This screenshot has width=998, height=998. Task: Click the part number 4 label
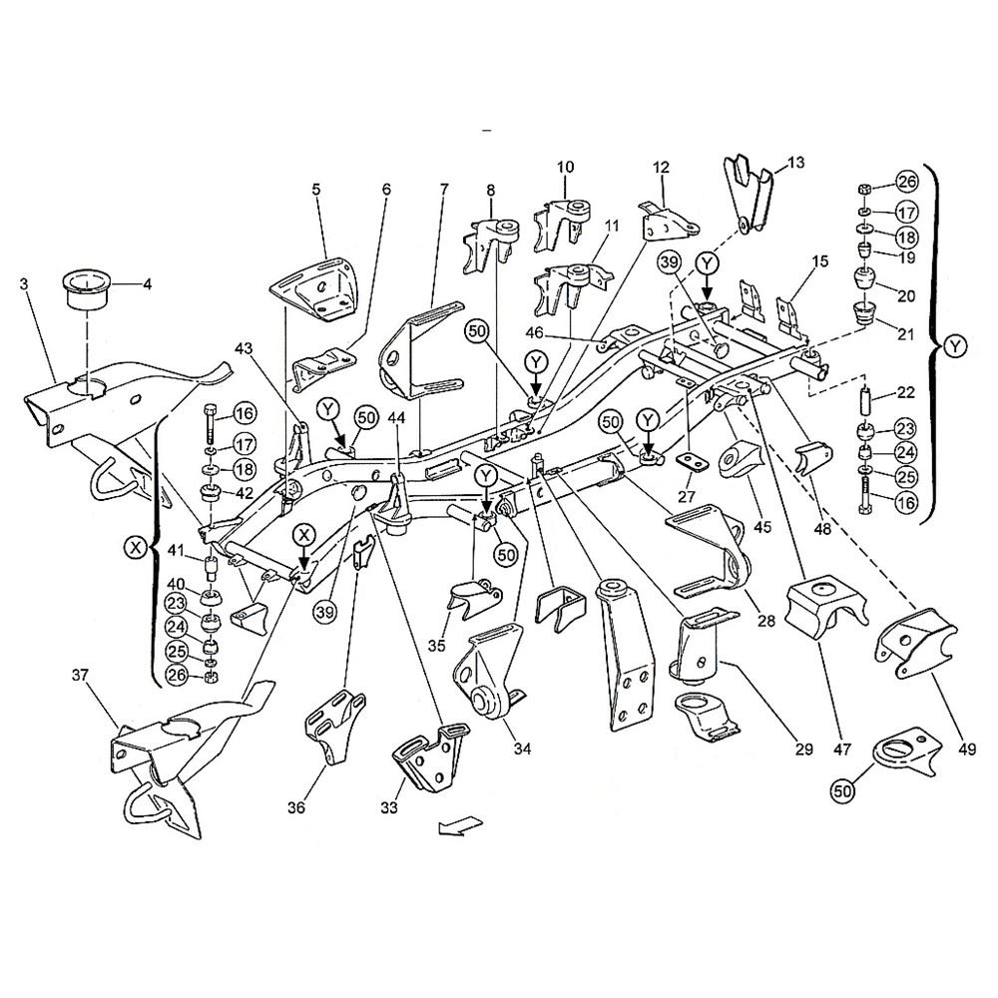coord(147,284)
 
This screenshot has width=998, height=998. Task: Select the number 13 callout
coord(794,163)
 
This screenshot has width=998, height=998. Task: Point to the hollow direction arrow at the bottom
coord(460,825)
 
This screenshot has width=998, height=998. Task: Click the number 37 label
coord(79,677)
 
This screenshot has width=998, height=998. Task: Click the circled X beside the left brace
coord(137,546)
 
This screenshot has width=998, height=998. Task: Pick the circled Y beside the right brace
coord(955,345)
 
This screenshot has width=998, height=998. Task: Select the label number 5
coord(316,187)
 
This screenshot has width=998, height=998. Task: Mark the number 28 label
coord(766,620)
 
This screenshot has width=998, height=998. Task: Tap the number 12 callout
coord(662,168)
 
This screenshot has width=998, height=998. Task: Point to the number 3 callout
coord(23,284)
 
